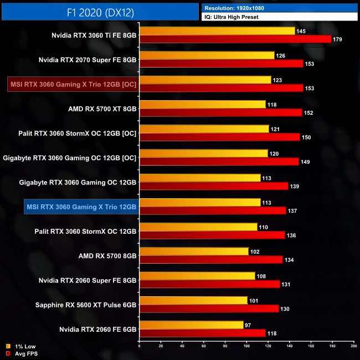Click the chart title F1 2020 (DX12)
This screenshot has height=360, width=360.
(x=99, y=11)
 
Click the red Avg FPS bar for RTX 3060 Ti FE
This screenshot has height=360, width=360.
(x=235, y=39)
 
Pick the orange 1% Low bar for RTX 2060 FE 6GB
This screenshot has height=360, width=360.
(x=192, y=325)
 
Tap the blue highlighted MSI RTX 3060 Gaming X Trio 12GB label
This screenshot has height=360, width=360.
(x=81, y=207)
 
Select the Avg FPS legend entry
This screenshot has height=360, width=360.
(x=22, y=353)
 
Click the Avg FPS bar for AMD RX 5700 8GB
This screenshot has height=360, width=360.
(x=211, y=259)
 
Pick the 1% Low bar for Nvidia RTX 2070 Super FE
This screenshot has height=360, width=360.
(x=207, y=55)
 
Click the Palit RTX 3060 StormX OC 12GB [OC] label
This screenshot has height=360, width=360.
(x=78, y=133)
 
